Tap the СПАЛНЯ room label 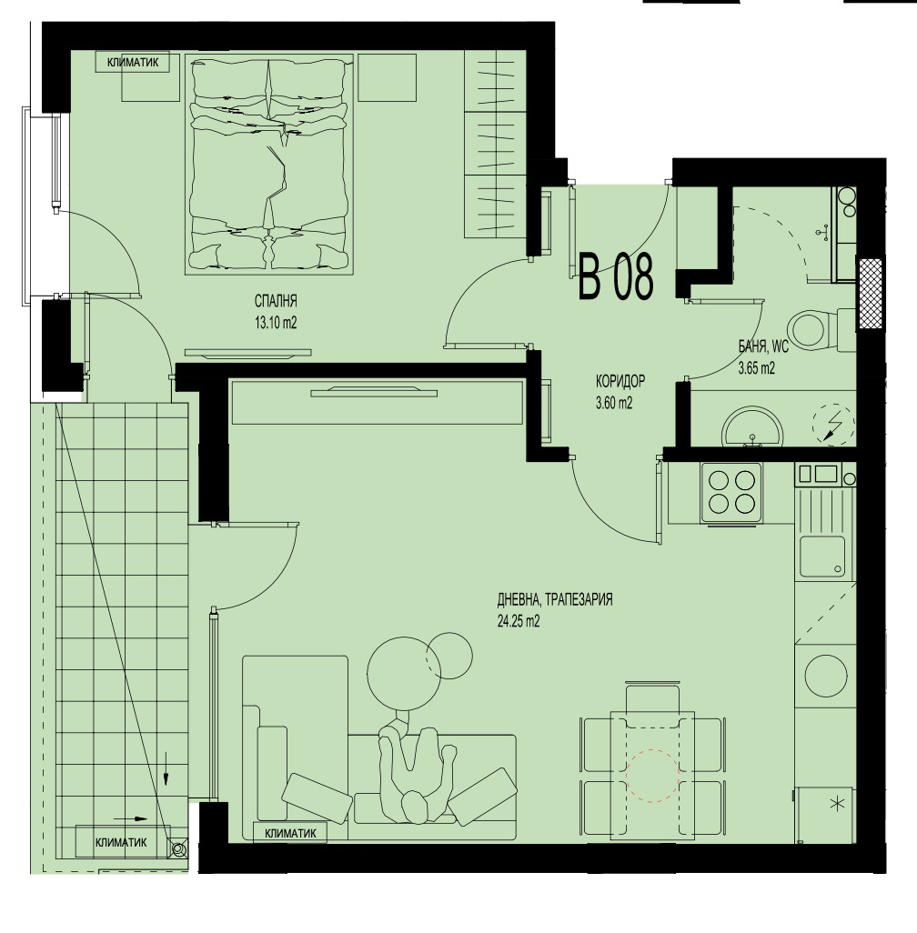[x=277, y=302]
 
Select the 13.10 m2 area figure [x=277, y=321]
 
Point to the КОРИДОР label [x=620, y=383]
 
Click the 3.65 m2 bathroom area [x=756, y=368]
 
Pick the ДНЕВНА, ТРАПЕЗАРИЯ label [x=555, y=600]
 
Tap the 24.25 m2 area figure [x=519, y=622]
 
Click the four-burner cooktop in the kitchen [x=731, y=492]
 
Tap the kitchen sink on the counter [x=821, y=556]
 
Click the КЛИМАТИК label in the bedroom [x=132, y=62]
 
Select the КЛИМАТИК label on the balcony [x=121, y=843]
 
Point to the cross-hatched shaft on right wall [x=872, y=294]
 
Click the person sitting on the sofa [x=415, y=768]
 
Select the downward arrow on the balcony [x=166, y=769]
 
